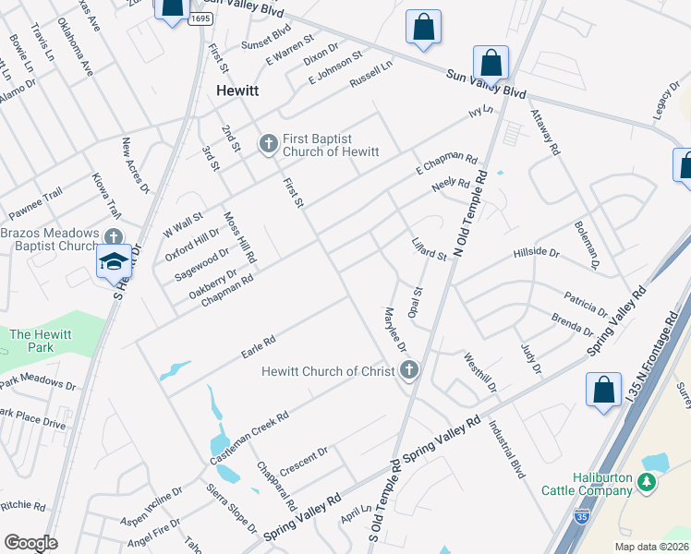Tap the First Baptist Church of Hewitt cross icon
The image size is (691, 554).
point(268,143)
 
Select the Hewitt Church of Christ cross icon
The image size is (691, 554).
point(410,371)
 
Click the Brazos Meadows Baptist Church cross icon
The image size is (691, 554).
point(114,237)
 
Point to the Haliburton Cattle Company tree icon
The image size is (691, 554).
point(648,482)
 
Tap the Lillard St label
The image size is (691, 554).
point(430,249)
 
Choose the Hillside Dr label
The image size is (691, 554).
point(536,252)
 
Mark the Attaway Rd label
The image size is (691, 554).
point(545,131)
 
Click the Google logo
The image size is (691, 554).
point(30,543)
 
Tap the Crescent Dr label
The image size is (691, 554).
point(304,459)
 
